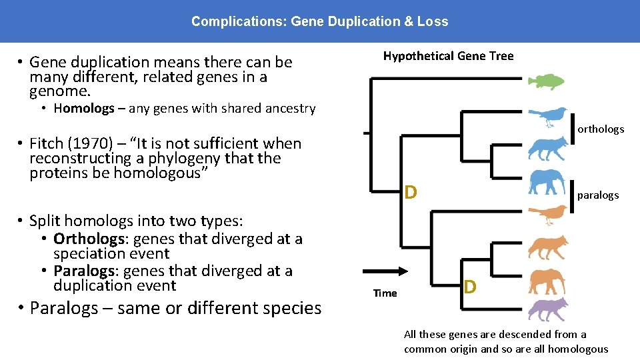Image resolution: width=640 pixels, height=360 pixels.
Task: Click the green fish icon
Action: click(546, 81)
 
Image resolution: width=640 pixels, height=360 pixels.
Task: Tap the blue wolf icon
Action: click(547, 149)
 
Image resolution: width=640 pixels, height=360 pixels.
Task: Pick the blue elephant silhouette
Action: click(547, 182)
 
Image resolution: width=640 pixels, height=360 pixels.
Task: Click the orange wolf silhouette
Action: click(547, 247)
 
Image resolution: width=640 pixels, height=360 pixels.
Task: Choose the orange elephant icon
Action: click(547, 281)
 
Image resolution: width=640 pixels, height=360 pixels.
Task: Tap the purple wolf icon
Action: click(547, 310)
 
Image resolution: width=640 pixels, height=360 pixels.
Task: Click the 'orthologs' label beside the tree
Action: click(601, 129)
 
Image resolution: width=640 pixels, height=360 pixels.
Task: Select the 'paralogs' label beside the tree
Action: click(598, 195)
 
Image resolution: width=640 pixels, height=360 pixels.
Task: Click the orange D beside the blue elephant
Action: click(411, 193)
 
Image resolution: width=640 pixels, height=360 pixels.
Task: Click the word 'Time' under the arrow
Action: click(385, 293)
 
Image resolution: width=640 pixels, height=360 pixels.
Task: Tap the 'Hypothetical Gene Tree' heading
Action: click(448, 56)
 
